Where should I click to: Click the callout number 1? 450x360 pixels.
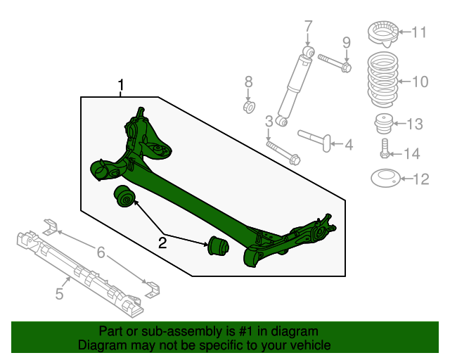(x=121, y=86)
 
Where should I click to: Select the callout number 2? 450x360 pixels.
(x=162, y=243)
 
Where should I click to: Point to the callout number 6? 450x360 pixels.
(x=101, y=252)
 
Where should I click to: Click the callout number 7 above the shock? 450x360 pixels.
(x=307, y=27)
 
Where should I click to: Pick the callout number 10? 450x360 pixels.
(x=419, y=82)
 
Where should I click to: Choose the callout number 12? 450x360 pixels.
(x=420, y=179)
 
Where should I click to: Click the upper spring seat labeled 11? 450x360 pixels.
(x=383, y=32)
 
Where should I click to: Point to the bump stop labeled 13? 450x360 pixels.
(x=382, y=123)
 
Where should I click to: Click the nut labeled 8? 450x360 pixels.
(x=249, y=106)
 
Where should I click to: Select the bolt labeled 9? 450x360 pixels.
(x=335, y=63)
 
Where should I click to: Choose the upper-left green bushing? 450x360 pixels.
(x=124, y=196)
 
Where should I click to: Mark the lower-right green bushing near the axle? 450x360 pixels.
(x=216, y=247)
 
